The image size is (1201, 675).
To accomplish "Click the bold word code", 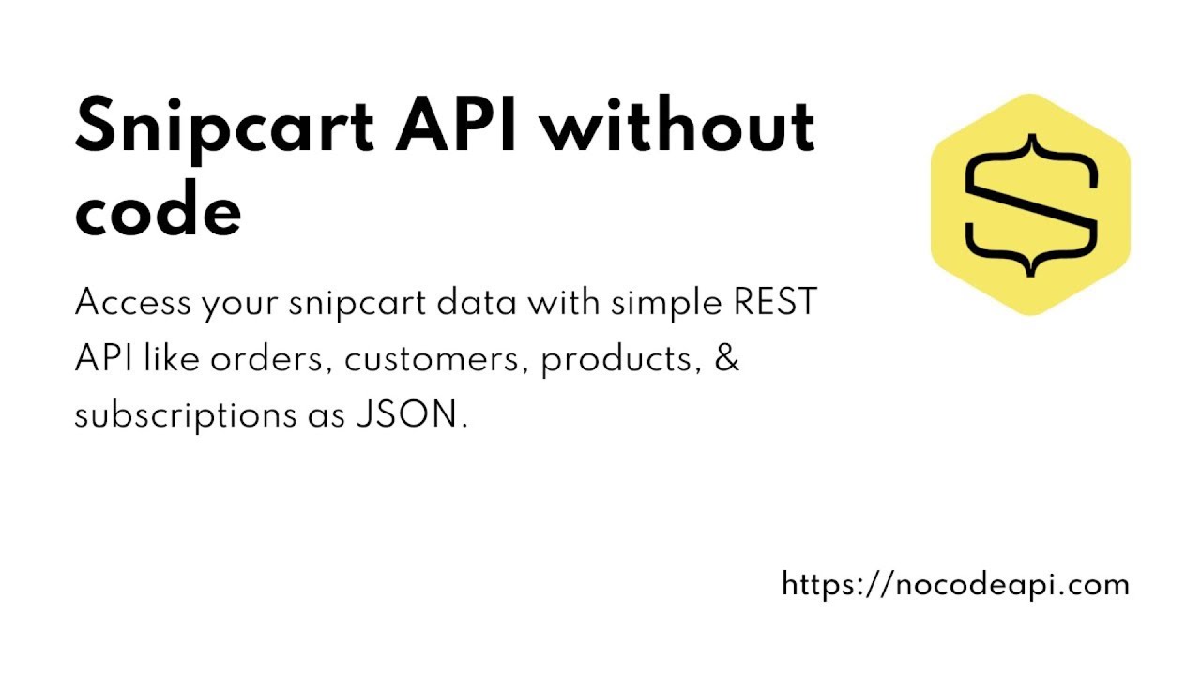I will [158, 212].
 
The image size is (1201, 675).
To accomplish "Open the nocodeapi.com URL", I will [955, 585].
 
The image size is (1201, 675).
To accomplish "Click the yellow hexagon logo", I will [1030, 204].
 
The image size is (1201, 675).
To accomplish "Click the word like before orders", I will [173, 359].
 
